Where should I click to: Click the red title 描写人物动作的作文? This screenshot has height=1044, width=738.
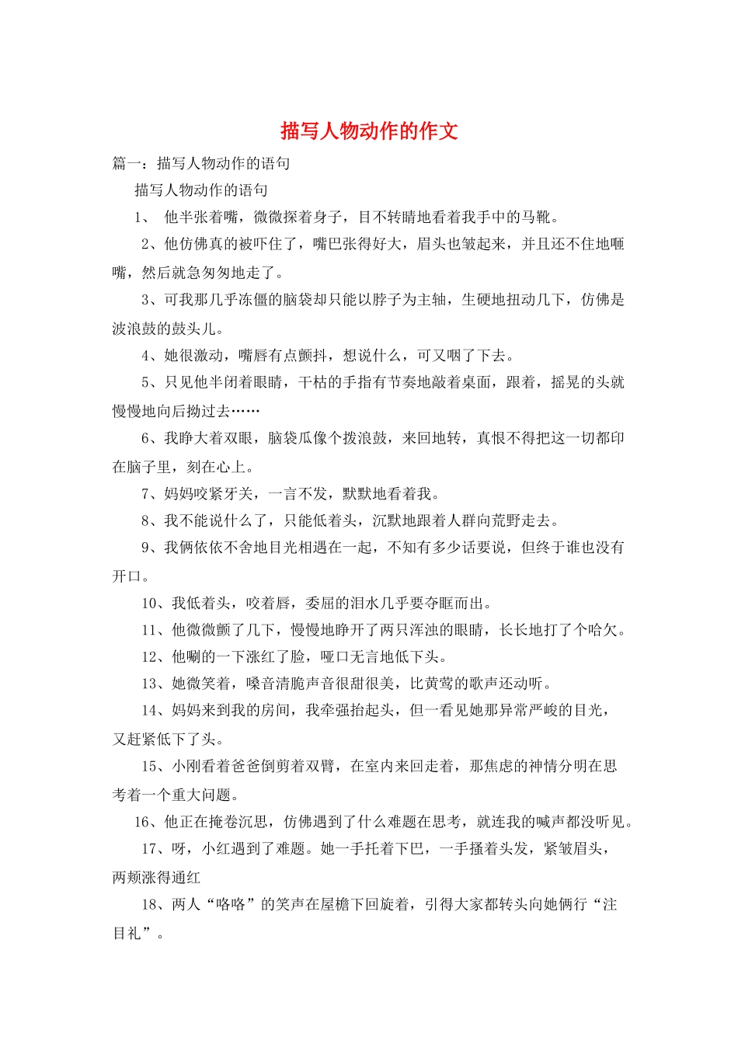click(369, 130)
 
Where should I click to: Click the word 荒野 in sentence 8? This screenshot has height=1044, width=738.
click(507, 520)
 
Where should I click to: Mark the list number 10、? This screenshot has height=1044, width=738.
click(155, 604)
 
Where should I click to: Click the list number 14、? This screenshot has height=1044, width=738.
click(155, 710)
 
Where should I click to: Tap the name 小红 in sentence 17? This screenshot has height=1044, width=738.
click(217, 849)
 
